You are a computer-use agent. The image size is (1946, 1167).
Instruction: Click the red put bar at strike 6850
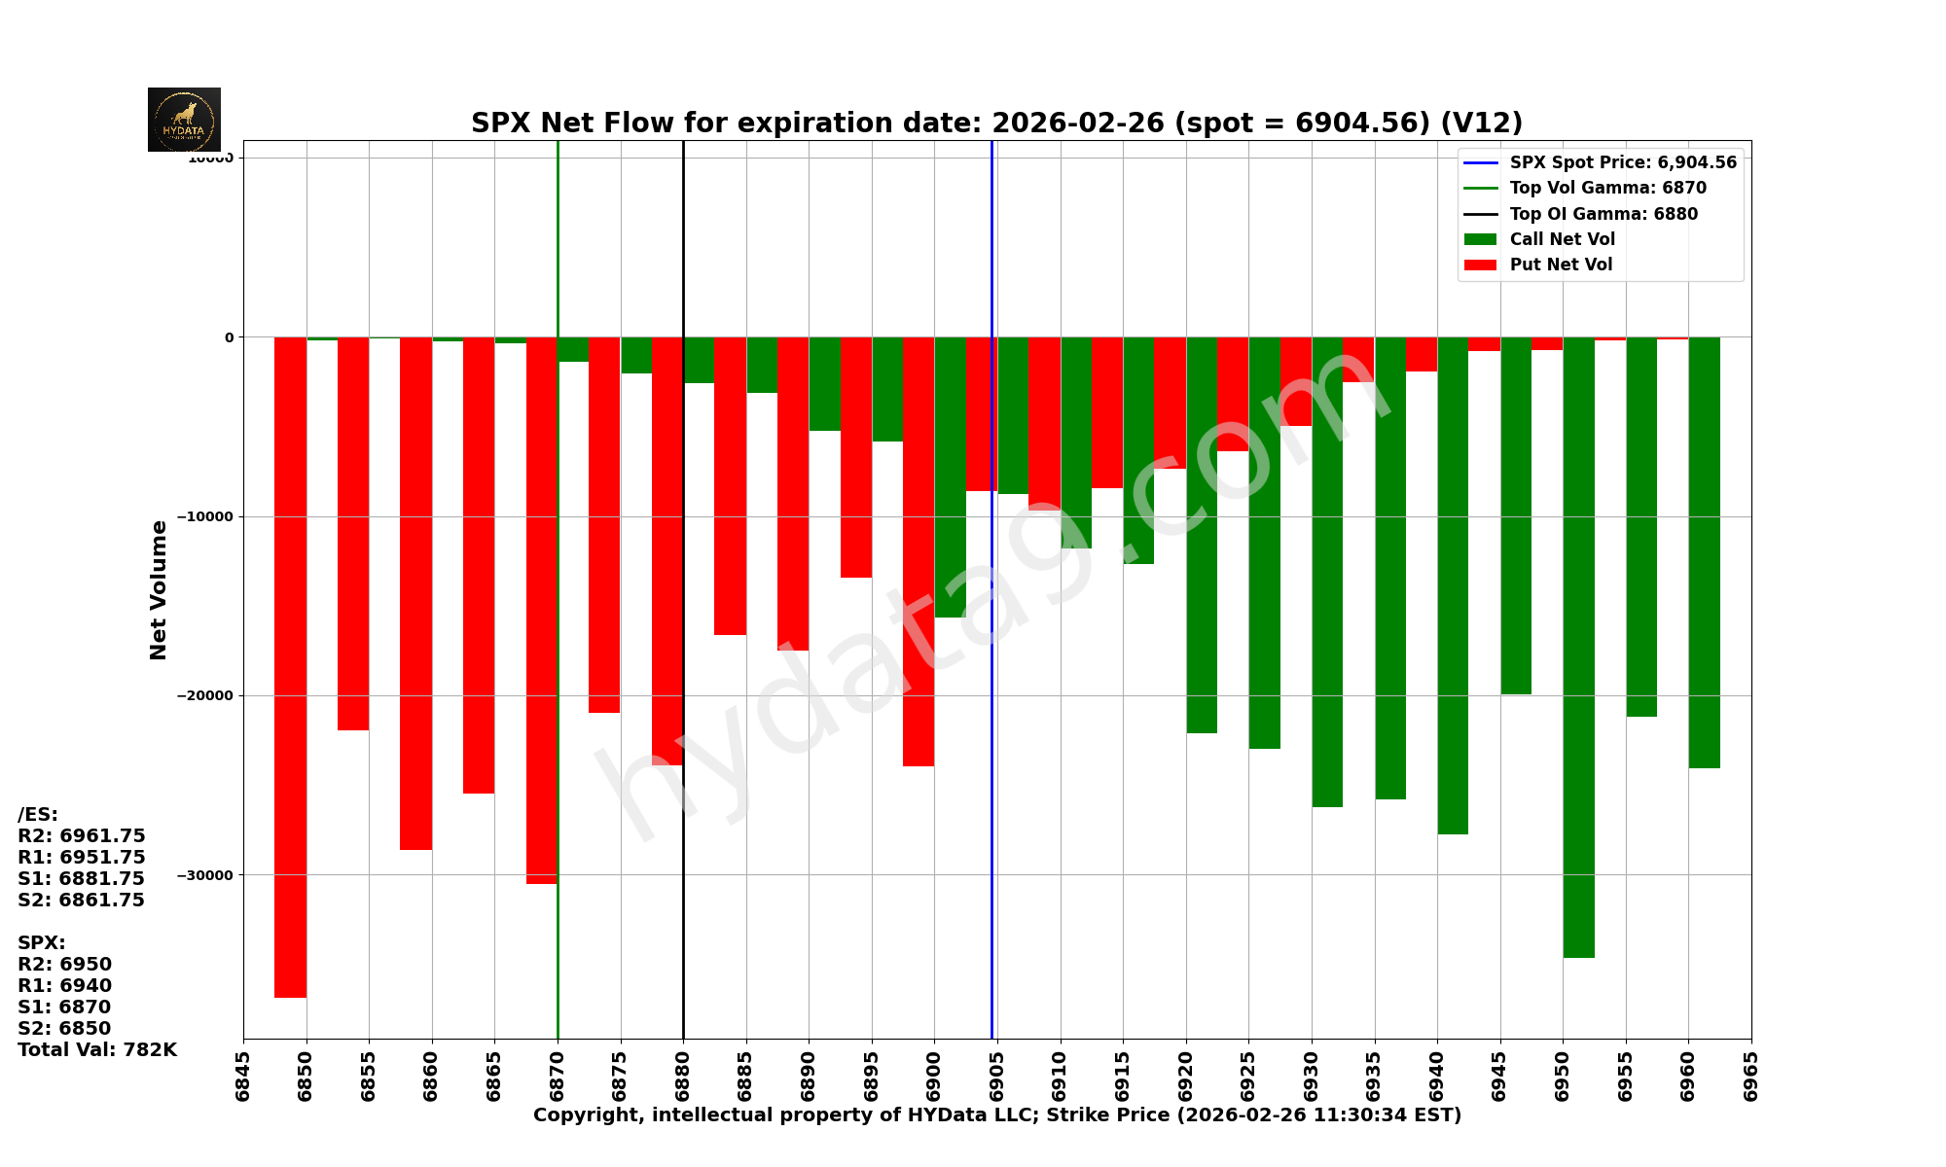click(291, 666)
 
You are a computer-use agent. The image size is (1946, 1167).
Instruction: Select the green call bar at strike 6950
click(1578, 647)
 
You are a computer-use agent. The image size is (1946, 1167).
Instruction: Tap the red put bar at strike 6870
click(541, 610)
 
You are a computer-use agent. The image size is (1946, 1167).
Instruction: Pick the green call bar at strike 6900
click(951, 477)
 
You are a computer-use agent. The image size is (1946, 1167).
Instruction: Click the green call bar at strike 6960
click(1704, 552)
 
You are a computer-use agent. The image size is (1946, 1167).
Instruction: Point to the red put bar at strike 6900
click(919, 551)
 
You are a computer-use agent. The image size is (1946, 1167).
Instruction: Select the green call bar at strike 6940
click(1453, 585)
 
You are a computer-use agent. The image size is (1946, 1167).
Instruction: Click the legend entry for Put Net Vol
click(1561, 265)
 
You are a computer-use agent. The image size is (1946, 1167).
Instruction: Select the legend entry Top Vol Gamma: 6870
click(1607, 189)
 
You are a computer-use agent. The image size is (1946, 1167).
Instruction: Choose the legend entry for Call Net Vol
click(1562, 239)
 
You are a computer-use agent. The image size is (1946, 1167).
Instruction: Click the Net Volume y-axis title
click(159, 589)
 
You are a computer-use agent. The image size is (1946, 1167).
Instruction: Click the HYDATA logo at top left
click(184, 120)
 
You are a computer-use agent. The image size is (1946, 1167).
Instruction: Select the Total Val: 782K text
click(97, 1050)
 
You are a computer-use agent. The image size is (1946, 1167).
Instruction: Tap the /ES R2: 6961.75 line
click(82, 836)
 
